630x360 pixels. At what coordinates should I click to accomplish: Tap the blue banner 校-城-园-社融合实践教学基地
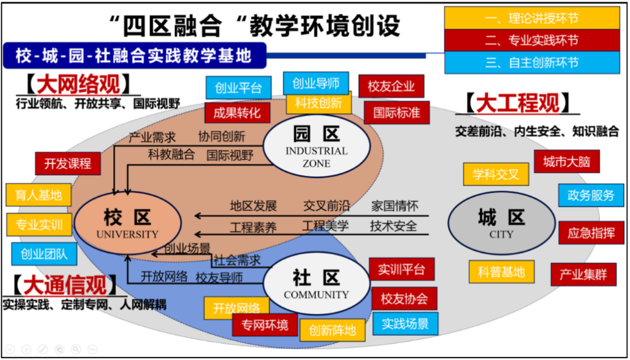(x=134, y=55)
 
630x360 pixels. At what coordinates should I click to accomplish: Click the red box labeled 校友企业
(x=391, y=86)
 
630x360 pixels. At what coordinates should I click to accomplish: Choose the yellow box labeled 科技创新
(x=318, y=103)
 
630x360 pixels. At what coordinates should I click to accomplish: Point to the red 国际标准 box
(x=396, y=113)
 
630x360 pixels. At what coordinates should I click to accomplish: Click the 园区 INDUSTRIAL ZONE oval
(x=316, y=146)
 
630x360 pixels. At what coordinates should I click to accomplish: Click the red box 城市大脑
(x=566, y=161)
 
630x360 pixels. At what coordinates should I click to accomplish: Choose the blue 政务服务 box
(x=590, y=195)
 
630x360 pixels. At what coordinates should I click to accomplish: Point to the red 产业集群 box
(x=583, y=274)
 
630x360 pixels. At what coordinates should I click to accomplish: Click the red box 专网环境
(x=265, y=324)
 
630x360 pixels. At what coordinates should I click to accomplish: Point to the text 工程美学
(x=325, y=226)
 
